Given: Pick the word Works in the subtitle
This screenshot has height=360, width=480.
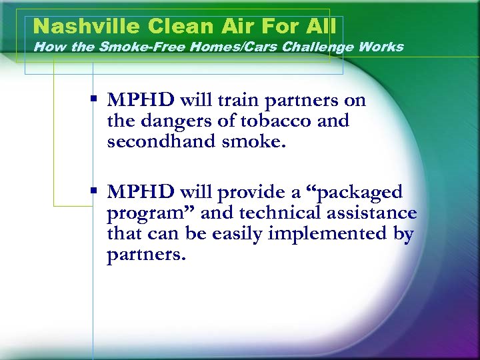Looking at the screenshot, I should tap(382, 47).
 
